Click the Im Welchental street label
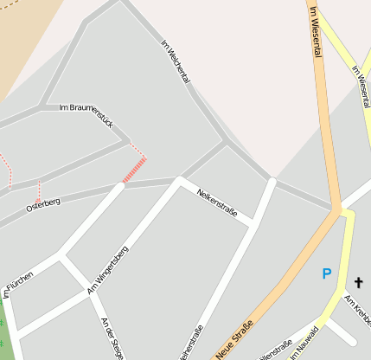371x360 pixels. pyautogui.click(x=176, y=61)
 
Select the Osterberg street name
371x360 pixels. pyautogui.click(x=43, y=203)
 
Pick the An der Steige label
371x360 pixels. pyautogui.click(x=113, y=337)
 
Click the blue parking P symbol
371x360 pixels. pyautogui.click(x=326, y=273)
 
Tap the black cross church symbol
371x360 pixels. pyautogui.click(x=359, y=282)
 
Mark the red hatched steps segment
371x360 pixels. pyautogui.click(x=133, y=170)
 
